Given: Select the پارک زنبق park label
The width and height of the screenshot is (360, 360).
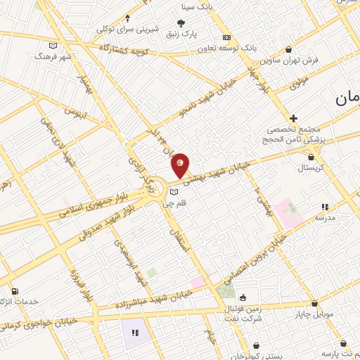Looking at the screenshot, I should pyautogui.click(x=199, y=33).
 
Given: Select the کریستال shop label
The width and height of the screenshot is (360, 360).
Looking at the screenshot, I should pyautogui.click(x=310, y=169).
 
